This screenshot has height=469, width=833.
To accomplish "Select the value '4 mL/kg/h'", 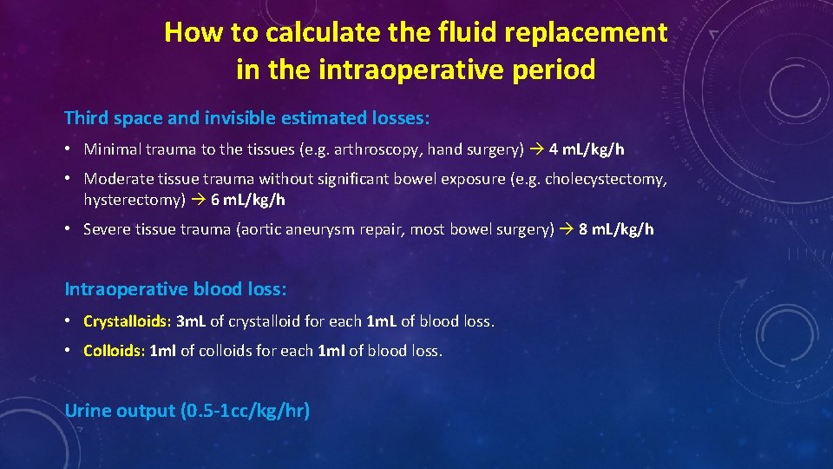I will click(x=587, y=149).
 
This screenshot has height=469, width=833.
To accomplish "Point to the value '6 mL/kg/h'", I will click(x=248, y=200).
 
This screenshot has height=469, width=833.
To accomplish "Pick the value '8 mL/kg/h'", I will click(x=616, y=229).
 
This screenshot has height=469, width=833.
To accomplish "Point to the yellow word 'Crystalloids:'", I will click(x=127, y=321).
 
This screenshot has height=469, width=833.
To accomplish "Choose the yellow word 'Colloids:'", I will click(x=114, y=351).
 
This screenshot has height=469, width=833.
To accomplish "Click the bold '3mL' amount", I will click(x=191, y=321).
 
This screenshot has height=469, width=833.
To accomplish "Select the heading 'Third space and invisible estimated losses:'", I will click(x=247, y=116).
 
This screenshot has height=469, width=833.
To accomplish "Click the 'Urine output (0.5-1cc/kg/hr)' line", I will click(x=187, y=410).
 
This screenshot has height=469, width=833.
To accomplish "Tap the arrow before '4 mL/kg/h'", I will click(x=536, y=149).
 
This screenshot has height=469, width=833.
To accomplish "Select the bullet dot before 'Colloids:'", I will click(x=69, y=351).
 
